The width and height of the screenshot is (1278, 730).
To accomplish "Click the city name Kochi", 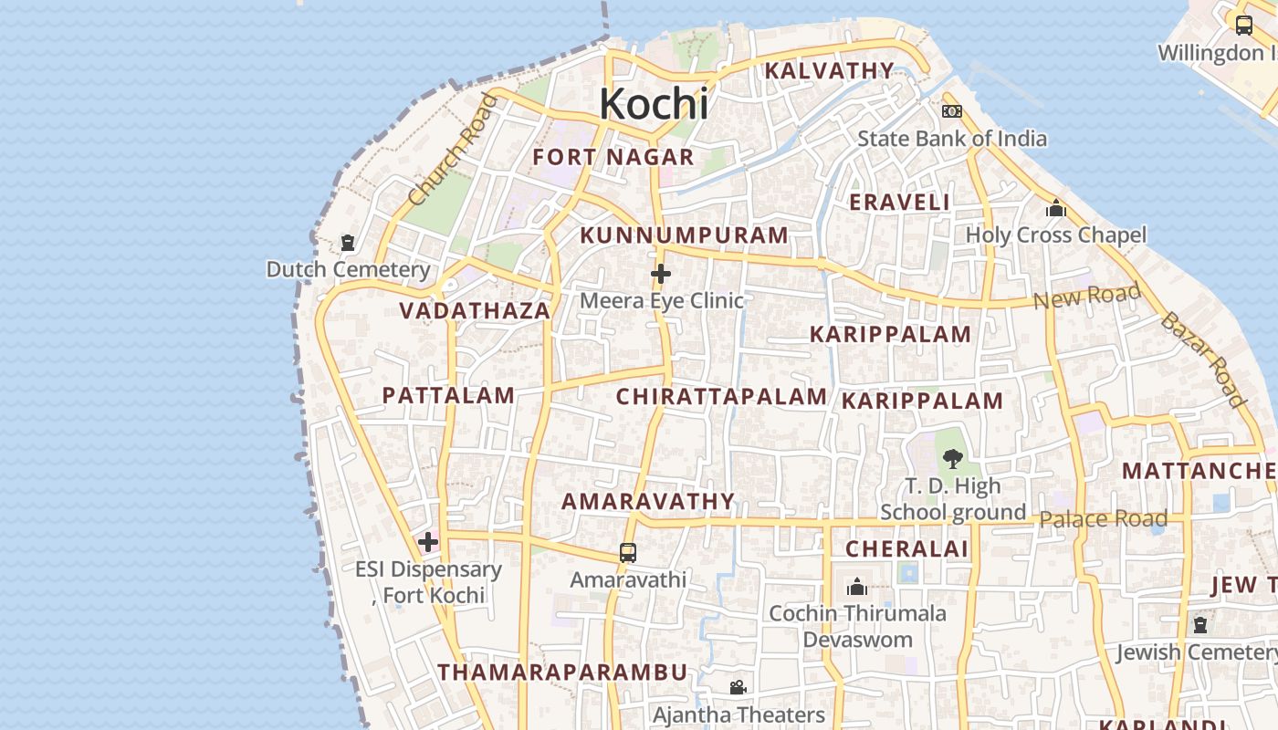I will [x=654, y=104].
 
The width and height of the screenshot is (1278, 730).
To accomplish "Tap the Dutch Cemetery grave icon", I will [x=347, y=243].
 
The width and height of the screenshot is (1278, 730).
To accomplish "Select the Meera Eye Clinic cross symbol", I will [x=661, y=274].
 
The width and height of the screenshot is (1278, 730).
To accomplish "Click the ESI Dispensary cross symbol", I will [x=427, y=542].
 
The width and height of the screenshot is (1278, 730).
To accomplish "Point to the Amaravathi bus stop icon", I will [x=628, y=552].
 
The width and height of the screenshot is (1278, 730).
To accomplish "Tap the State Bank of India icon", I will [x=951, y=111].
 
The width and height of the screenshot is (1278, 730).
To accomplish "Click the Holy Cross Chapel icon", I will [x=1056, y=209].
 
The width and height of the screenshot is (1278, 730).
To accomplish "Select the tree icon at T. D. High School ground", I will [x=952, y=458].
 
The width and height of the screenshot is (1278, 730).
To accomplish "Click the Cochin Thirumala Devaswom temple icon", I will [x=856, y=587].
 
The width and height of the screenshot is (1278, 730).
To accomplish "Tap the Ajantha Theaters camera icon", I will [x=738, y=687].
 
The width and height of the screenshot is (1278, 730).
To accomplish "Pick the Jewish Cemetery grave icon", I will [x=1200, y=625].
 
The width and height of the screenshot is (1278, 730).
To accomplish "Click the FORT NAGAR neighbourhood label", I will [x=613, y=157].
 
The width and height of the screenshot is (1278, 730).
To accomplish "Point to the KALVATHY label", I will [x=829, y=70].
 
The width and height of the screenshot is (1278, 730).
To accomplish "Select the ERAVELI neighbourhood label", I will [x=899, y=203].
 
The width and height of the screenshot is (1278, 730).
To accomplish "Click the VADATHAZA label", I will [x=475, y=311].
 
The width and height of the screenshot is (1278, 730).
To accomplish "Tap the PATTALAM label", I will [x=448, y=395].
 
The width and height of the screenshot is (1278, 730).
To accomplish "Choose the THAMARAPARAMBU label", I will [x=562, y=673].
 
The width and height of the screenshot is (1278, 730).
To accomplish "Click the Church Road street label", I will [x=454, y=149].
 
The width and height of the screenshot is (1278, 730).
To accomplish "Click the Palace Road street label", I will [x=1103, y=519].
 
